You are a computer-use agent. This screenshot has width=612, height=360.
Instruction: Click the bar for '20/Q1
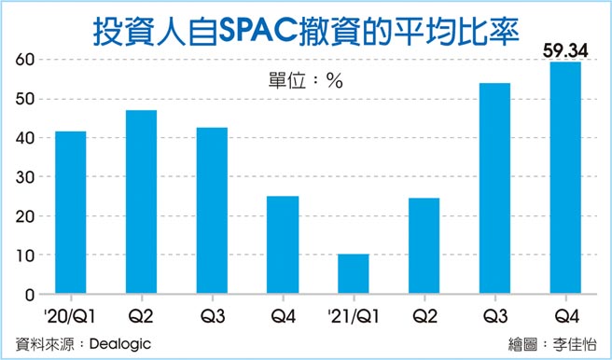tap(71, 213)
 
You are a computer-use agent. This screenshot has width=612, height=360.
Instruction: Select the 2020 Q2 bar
tap(142, 202)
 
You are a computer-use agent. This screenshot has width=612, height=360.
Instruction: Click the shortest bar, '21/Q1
tap(354, 274)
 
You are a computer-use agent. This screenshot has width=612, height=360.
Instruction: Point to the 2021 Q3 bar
tap(494, 188)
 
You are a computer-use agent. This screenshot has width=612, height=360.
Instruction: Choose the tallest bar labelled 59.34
tap(565, 178)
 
